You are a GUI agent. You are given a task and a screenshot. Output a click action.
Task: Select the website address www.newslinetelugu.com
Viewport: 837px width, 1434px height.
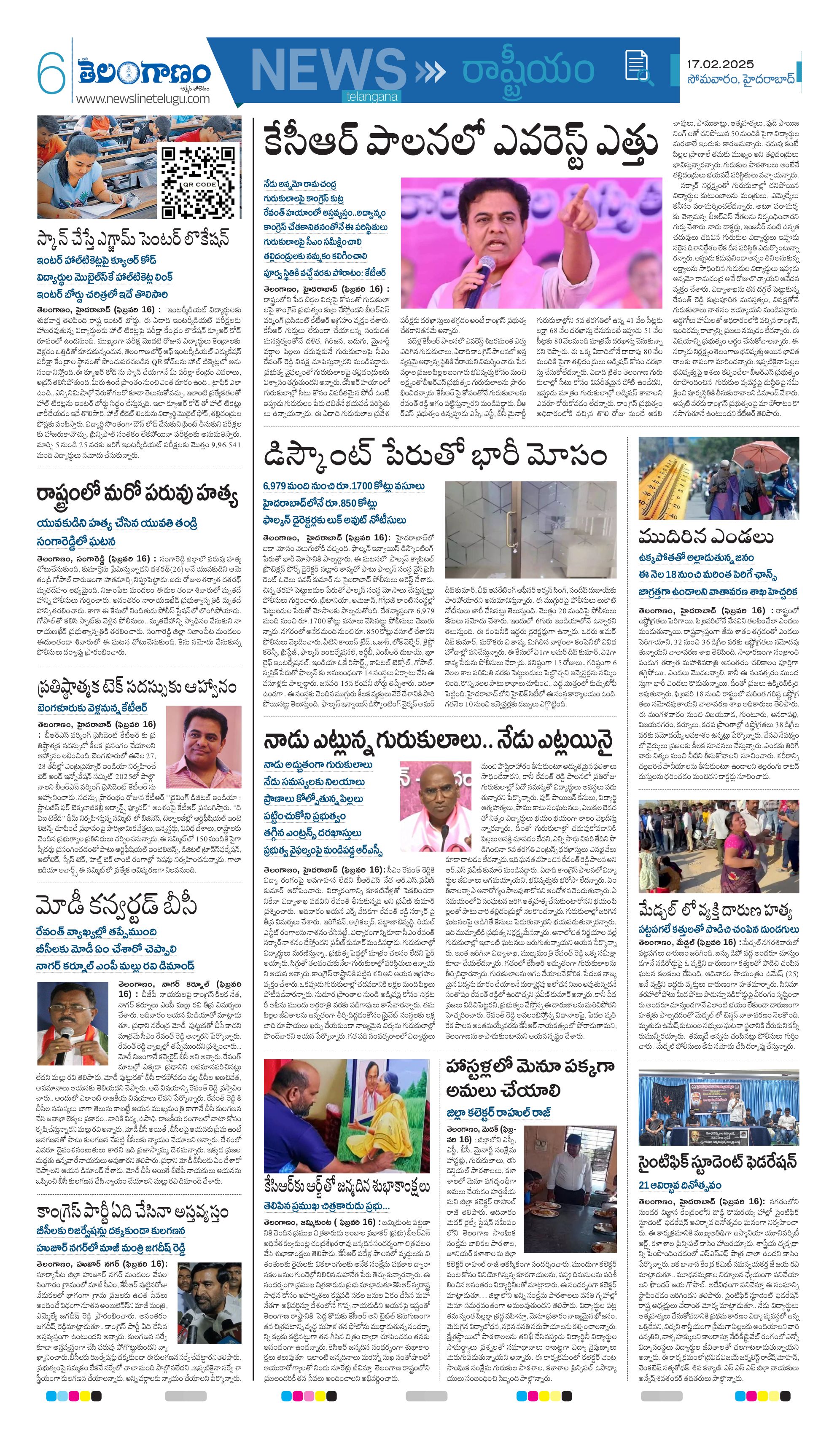143,99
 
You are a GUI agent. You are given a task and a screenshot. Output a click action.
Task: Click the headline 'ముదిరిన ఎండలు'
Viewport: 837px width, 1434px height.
705,537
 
